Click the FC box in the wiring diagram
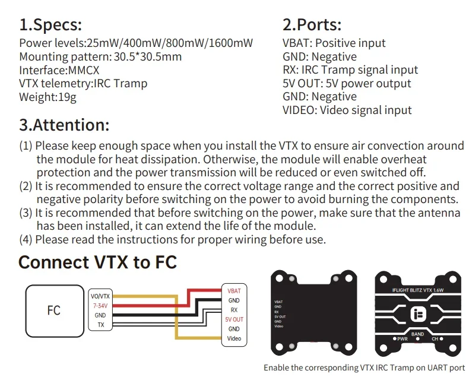[x=53, y=310]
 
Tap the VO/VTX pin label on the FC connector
[x=100, y=296]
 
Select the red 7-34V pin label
[x=100, y=305]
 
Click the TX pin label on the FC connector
[x=100, y=325]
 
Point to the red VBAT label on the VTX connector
[x=234, y=291]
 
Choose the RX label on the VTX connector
[x=234, y=310]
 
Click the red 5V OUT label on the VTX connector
[x=234, y=319]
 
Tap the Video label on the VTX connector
[x=234, y=338]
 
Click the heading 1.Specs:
[x=50, y=25]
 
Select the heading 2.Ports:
[x=312, y=25]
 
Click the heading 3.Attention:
[x=64, y=125]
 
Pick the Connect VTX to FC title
[x=98, y=262]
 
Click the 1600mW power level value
[x=233, y=43]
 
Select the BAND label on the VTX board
[x=417, y=334]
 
